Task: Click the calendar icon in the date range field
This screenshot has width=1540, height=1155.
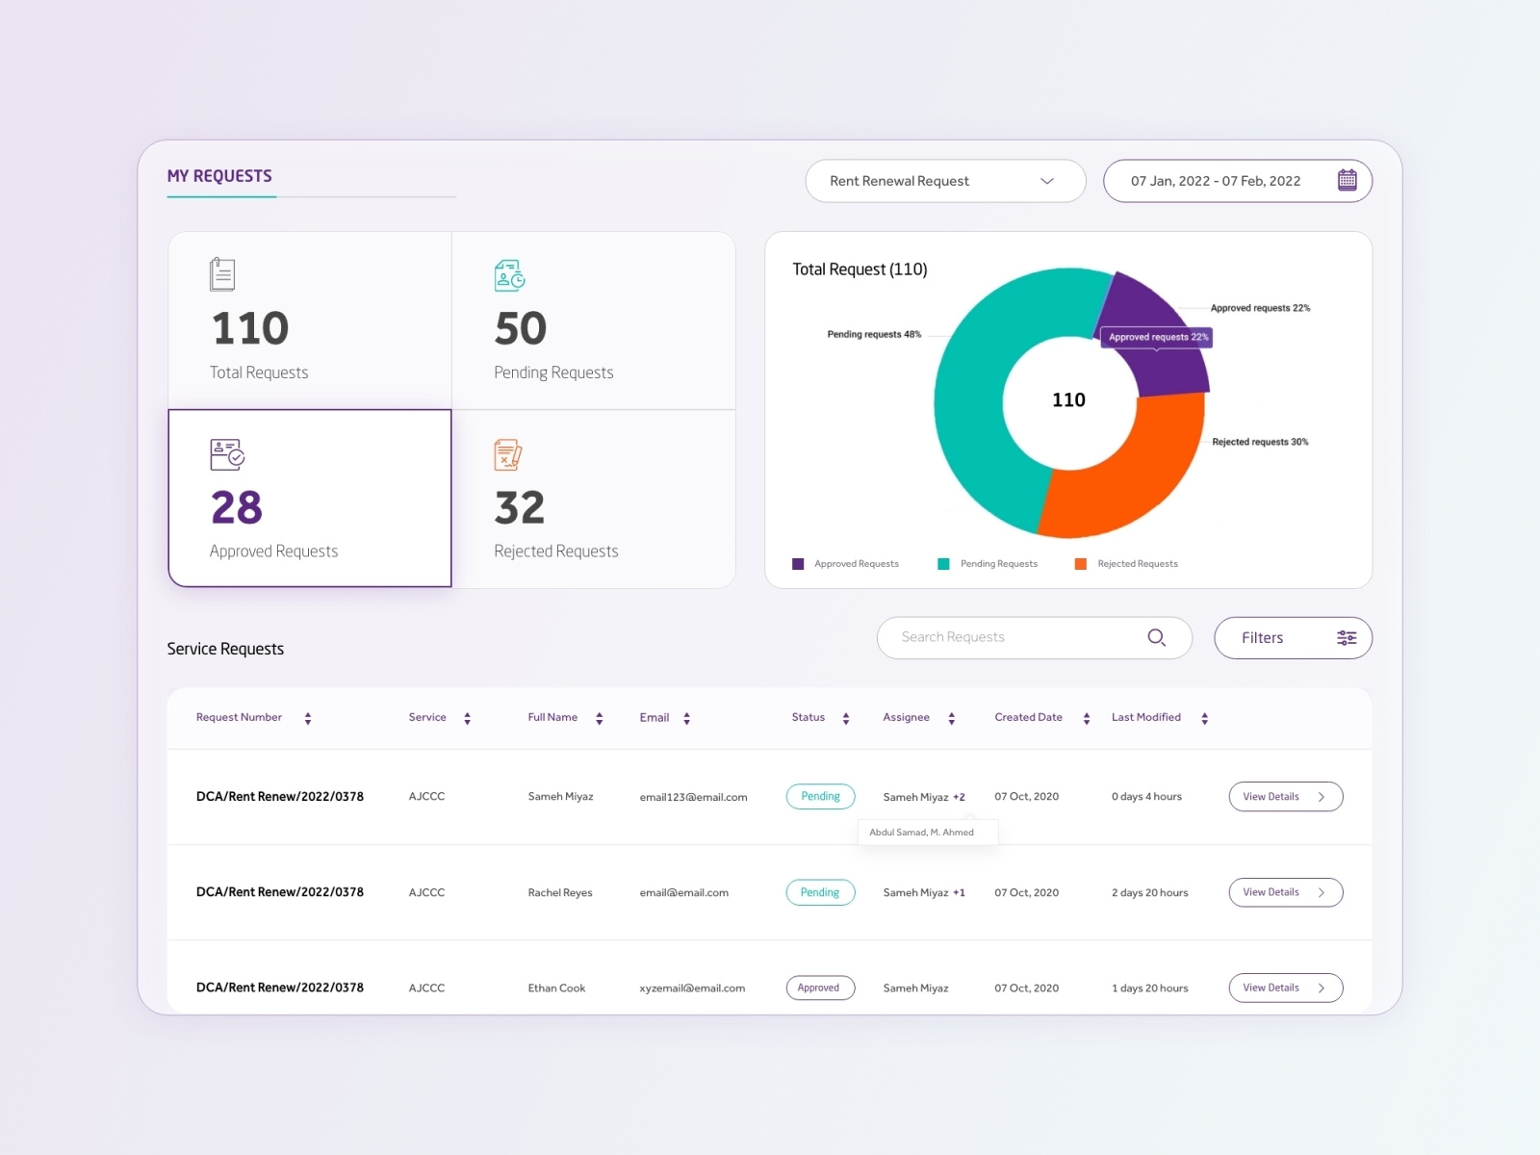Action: coord(1347,180)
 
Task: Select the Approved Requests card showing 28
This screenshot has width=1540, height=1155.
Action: coord(309,498)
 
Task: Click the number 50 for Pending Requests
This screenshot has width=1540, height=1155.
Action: coord(521,329)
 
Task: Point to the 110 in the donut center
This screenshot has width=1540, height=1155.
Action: coord(1068,400)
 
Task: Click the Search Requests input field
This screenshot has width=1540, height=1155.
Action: coord(1020,637)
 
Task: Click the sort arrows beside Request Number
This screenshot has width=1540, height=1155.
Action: coord(308,718)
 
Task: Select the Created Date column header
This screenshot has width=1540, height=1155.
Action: coord(1028,717)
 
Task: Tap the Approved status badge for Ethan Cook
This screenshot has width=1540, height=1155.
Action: coord(819,988)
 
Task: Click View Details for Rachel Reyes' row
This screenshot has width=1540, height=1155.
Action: coord(1285,892)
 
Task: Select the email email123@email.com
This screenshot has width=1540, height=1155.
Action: coord(693,797)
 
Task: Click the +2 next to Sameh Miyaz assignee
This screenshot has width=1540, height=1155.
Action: coord(959,797)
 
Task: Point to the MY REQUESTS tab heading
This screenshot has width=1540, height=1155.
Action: coord(219,176)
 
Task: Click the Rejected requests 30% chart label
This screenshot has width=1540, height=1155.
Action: coord(1260,442)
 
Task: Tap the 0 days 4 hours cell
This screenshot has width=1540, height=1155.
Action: coord(1146,797)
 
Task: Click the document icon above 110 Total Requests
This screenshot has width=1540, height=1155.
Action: coord(222,274)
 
